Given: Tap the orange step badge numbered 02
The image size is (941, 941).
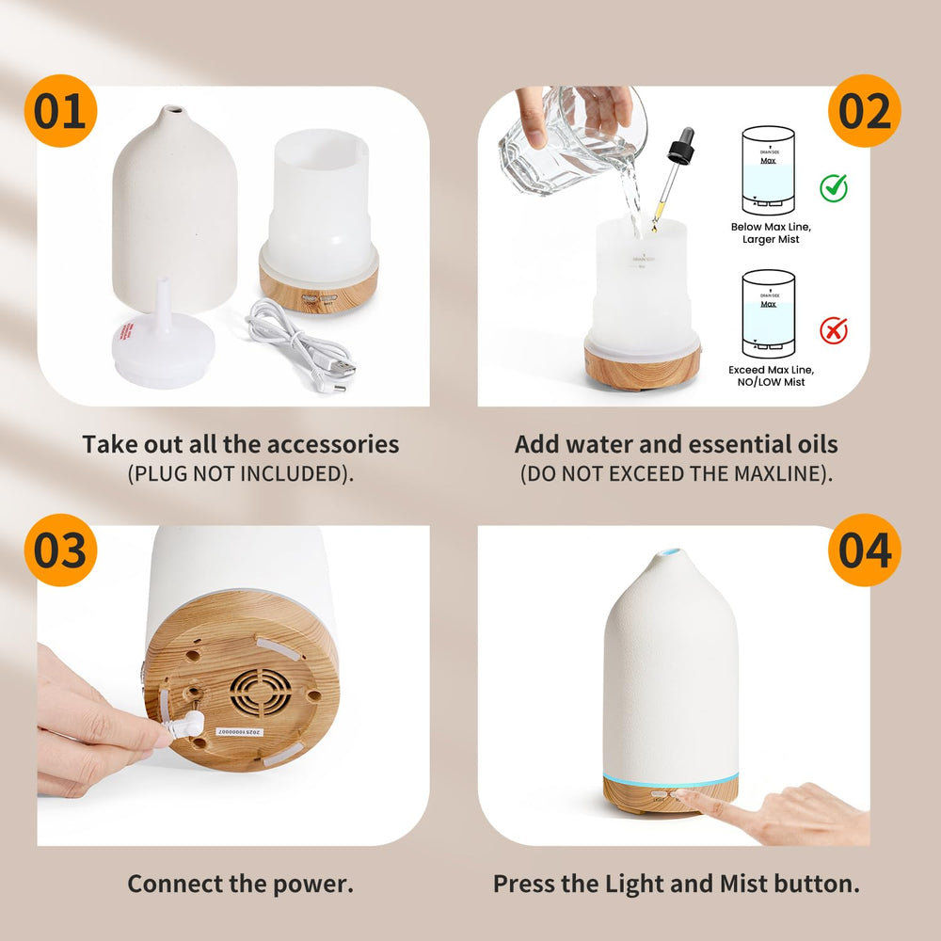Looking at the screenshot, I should point(864,112).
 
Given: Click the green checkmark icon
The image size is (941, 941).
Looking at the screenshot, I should point(833,186).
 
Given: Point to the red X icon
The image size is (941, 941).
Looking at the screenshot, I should point(833,330).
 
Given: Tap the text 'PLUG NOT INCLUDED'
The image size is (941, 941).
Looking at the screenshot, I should point(240,473).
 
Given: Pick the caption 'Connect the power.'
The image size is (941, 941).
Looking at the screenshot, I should point(240,884).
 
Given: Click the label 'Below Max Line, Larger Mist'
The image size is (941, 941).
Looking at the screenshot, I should point(770,232).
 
